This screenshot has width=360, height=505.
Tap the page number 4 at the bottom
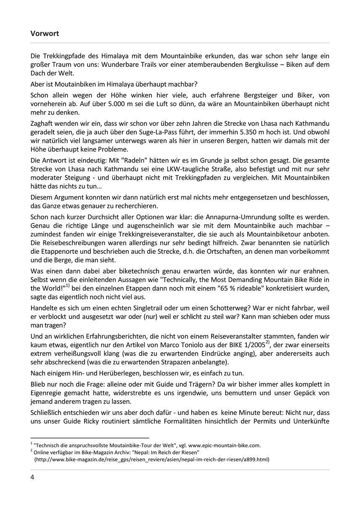[32, 477]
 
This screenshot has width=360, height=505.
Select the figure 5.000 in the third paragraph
[77, 104]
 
